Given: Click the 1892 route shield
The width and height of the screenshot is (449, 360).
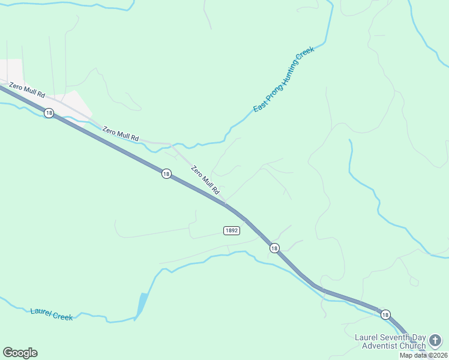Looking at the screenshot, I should (x=232, y=230).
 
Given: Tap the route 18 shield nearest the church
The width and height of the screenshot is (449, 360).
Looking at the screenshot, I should (x=385, y=314).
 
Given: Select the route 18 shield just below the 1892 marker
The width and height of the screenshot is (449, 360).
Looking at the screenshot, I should (x=274, y=248).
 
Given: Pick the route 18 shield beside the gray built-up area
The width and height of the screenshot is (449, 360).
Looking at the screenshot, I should (x=49, y=113).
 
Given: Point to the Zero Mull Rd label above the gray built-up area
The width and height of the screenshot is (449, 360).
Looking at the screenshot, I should (x=27, y=91).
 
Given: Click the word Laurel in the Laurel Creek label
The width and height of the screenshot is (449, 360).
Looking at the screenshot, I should (x=41, y=312).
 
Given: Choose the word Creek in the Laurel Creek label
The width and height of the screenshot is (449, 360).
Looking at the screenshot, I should (x=62, y=316).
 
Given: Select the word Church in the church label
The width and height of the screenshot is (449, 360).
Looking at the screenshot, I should (x=413, y=346).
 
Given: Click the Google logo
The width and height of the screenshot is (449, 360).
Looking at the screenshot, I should (x=20, y=353).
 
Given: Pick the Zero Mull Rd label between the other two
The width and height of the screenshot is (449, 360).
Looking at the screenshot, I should (x=120, y=133).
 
